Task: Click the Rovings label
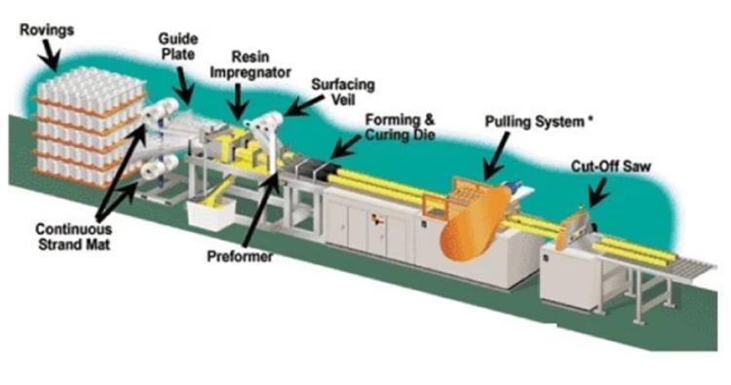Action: (x=47, y=30)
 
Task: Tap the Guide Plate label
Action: (x=177, y=46)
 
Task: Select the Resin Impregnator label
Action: (x=250, y=64)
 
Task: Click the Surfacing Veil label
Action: (x=343, y=92)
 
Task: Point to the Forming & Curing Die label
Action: (x=400, y=128)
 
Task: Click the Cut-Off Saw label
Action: (x=611, y=167)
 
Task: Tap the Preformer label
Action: (x=240, y=256)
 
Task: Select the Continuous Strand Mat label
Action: (x=74, y=237)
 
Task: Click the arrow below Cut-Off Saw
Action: (x=598, y=192)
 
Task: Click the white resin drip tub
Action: (x=211, y=213)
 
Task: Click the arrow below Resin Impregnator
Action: (x=239, y=100)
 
